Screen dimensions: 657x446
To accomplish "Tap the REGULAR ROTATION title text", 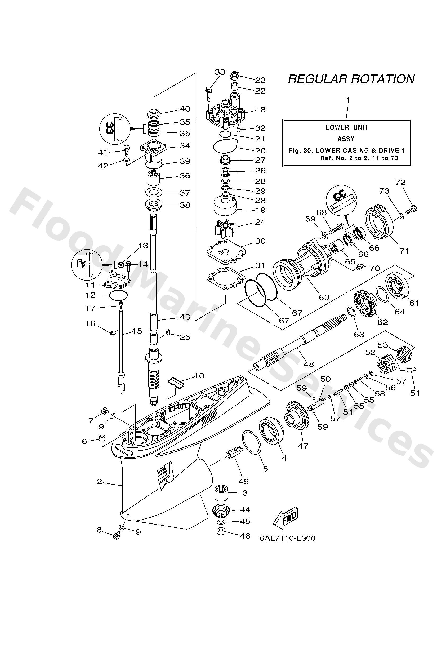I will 351,79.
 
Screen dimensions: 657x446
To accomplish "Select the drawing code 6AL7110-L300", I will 287,538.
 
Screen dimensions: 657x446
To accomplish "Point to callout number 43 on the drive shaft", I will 185,317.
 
